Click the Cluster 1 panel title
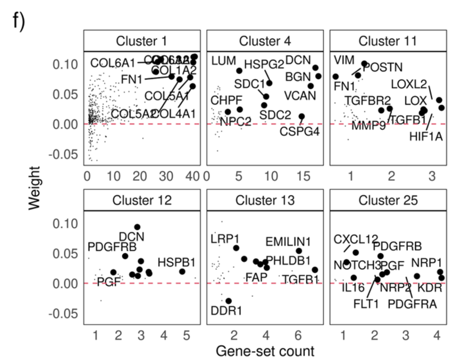click(x=141, y=41)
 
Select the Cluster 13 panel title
click(x=265, y=200)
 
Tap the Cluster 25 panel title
click(x=388, y=200)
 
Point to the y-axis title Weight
click(x=34, y=188)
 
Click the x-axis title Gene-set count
click(x=265, y=351)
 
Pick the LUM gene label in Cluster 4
click(x=224, y=61)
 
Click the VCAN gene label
click(x=300, y=96)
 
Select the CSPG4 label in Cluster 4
click(x=299, y=131)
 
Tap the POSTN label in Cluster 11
click(x=383, y=67)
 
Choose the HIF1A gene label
click(x=426, y=137)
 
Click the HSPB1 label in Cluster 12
click(x=176, y=263)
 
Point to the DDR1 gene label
click(x=226, y=311)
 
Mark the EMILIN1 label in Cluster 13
click(x=288, y=242)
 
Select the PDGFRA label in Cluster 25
click(x=412, y=304)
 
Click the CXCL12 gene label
click(x=356, y=239)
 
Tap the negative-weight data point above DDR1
click(x=229, y=301)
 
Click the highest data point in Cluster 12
click(x=137, y=227)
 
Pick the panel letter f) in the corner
click(x=19, y=21)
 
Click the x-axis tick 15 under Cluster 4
click(x=303, y=176)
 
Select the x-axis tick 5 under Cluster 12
click(x=186, y=335)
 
